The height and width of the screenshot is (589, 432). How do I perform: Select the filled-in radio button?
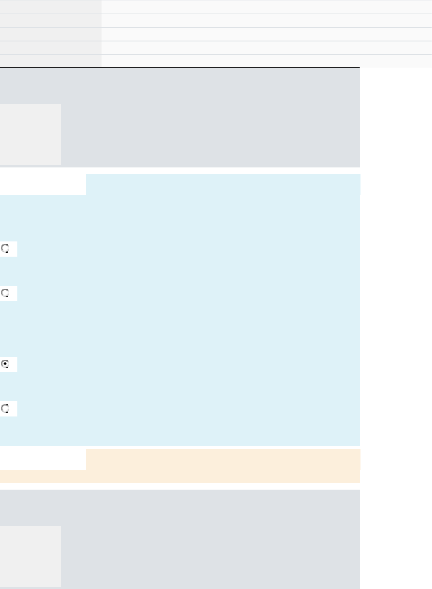coord(6,364)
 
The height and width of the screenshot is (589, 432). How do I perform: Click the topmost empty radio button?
coord(6,249)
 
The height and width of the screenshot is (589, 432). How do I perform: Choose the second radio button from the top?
coord(6,293)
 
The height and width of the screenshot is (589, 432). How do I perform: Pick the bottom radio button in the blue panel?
coord(6,408)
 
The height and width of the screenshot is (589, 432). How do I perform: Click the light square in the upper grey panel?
coord(30,134)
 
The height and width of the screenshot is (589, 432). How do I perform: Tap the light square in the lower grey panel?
coord(30,556)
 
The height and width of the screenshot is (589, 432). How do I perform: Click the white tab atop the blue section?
coord(43,184)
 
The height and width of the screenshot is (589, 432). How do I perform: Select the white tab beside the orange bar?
coord(43,459)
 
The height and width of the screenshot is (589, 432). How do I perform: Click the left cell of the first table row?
coord(50,7)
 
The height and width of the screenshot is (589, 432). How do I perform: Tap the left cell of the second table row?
coord(50,20)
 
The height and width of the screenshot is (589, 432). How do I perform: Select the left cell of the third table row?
coord(50,34)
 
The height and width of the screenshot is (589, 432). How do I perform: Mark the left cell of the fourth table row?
coord(50,47)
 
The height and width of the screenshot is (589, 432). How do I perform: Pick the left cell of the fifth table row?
coord(50,61)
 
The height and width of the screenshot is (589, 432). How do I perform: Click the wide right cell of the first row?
coord(267,7)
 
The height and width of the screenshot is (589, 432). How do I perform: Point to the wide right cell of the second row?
coord(267,20)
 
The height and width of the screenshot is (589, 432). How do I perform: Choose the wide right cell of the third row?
coord(267,34)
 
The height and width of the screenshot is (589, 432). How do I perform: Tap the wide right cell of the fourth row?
coord(267,47)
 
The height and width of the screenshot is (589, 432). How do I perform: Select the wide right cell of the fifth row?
coord(267,61)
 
